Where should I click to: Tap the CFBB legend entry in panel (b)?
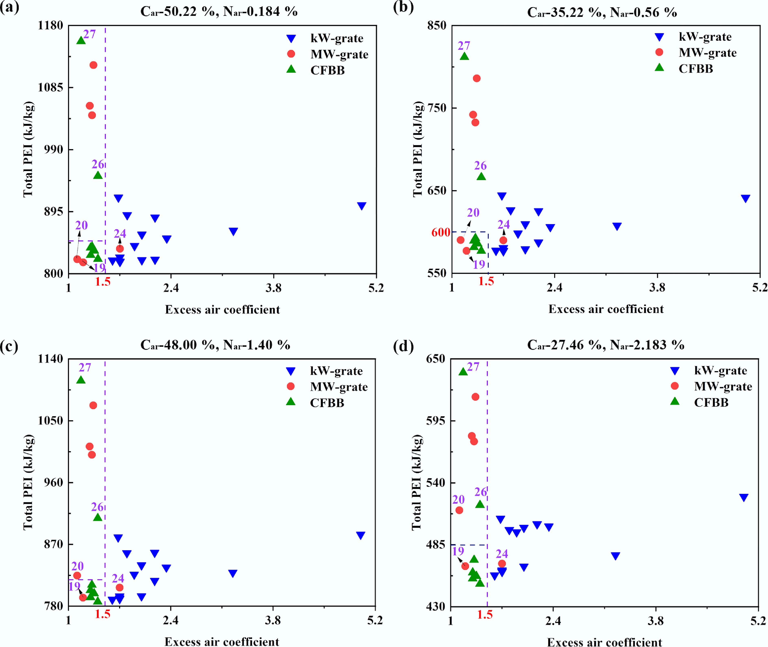point(695,69)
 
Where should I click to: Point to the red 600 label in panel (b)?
point(441,232)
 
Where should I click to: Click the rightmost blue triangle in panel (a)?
point(362,206)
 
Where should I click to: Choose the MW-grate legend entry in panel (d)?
point(722,386)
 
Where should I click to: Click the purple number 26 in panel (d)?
point(481,492)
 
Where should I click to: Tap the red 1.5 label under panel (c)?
point(103,614)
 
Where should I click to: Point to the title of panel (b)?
point(602,12)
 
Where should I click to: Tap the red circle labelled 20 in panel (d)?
point(459,510)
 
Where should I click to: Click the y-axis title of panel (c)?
point(28,482)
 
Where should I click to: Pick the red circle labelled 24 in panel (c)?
point(119,587)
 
